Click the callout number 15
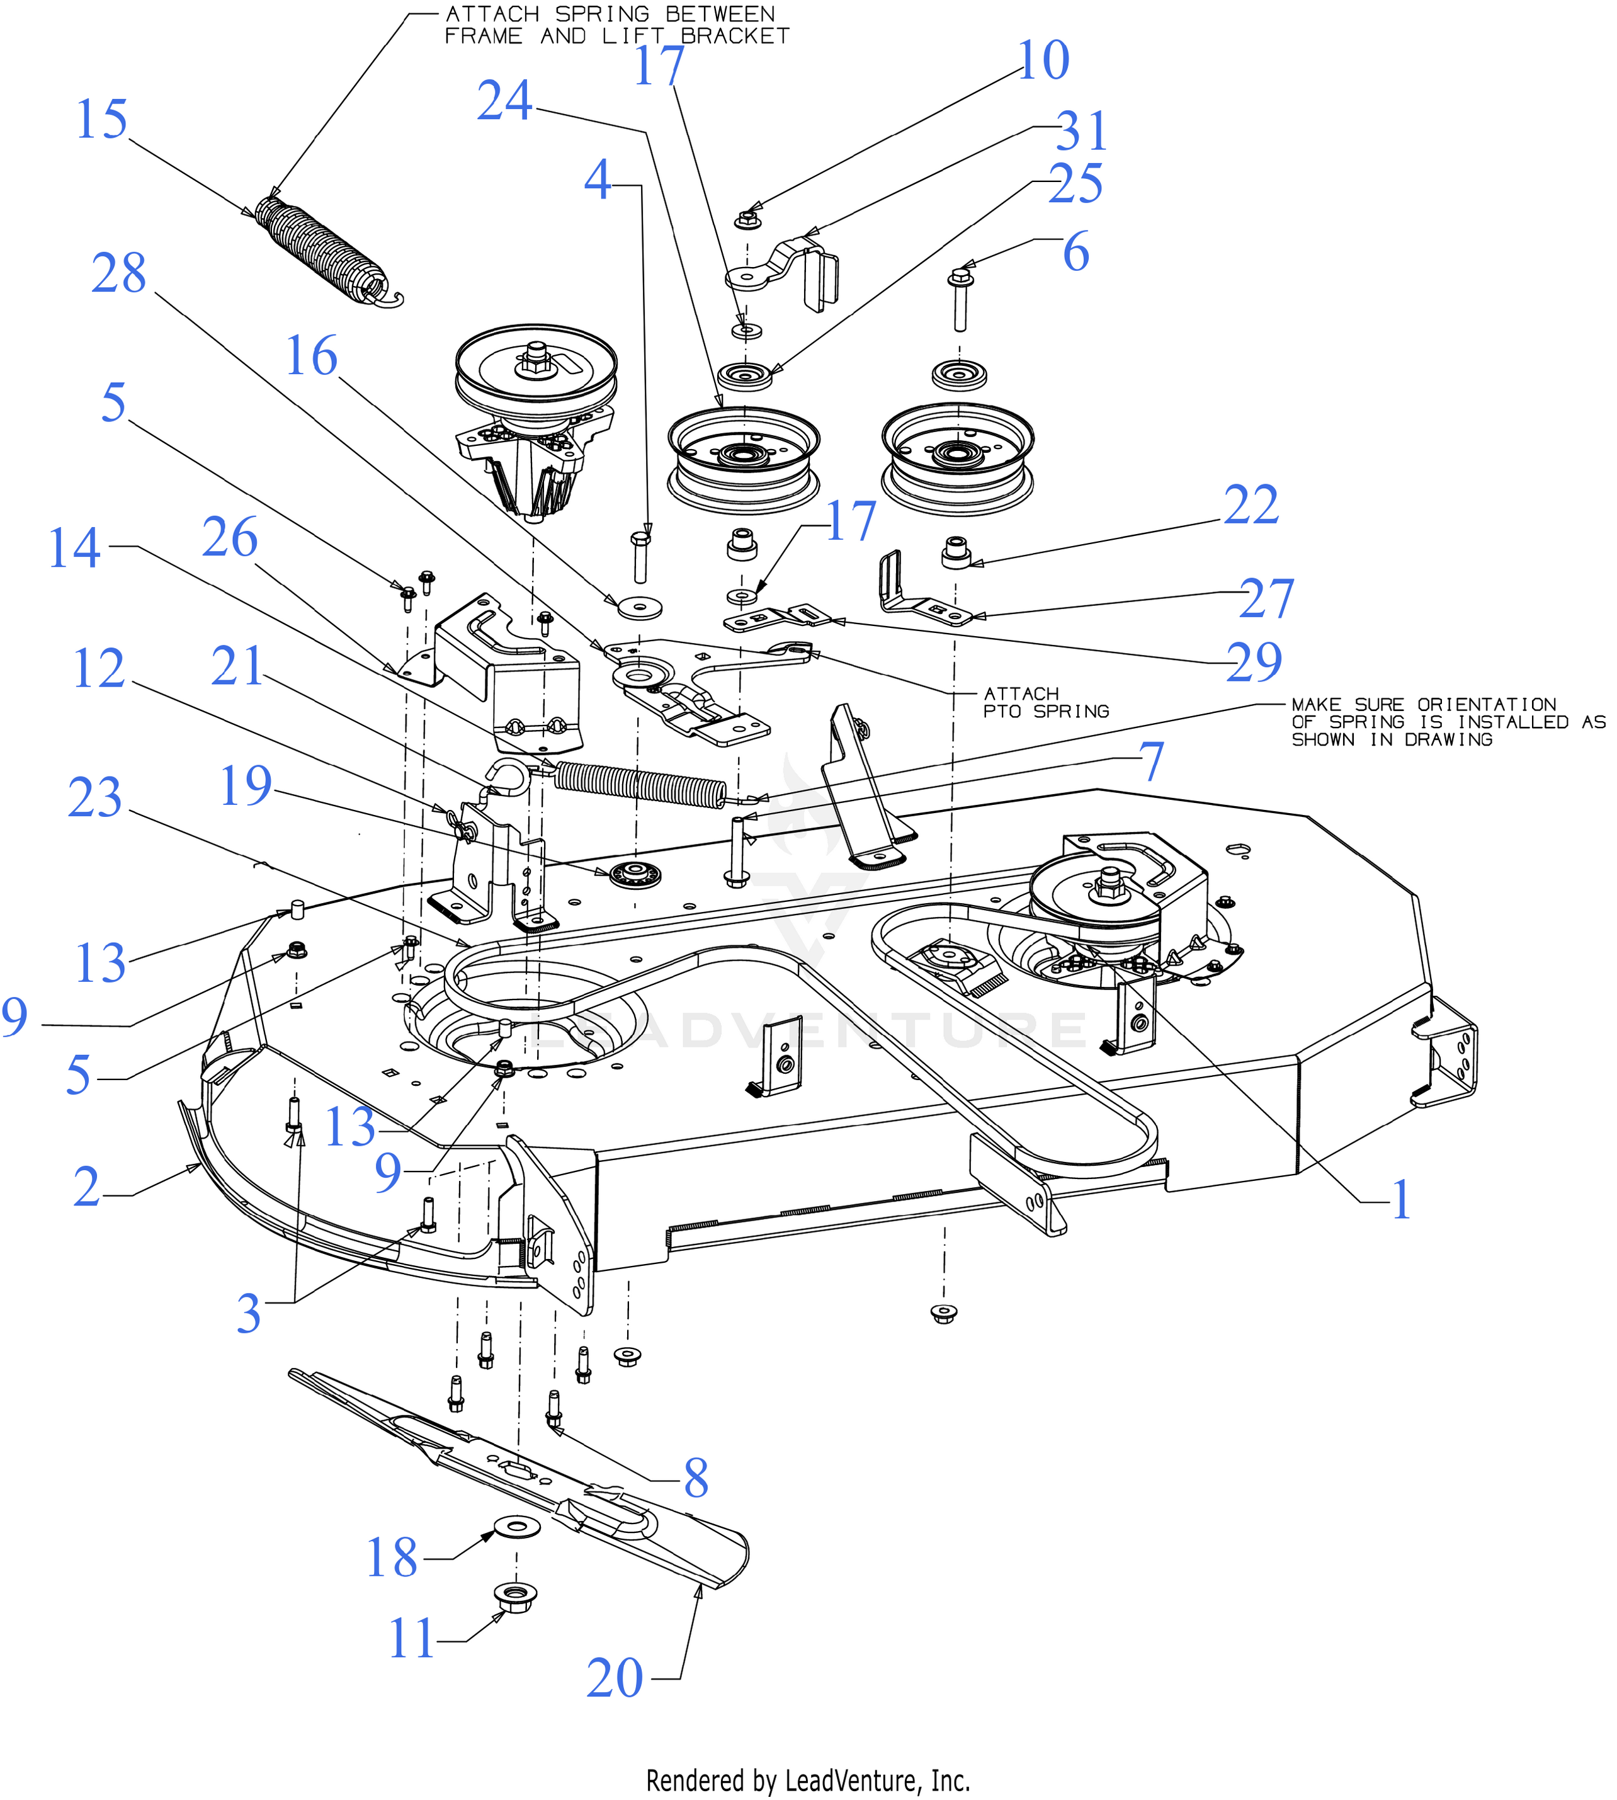(x=102, y=119)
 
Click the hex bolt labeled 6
(x=960, y=299)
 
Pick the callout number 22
(x=1251, y=506)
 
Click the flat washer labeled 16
(x=640, y=608)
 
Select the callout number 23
(x=95, y=798)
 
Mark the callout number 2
(x=86, y=1188)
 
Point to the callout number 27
(x=1266, y=599)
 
